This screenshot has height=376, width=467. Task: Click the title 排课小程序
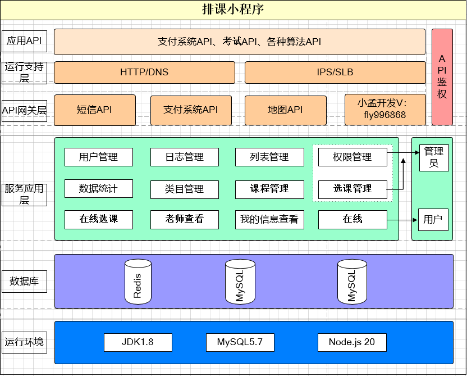233,9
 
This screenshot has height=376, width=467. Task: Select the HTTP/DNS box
144,73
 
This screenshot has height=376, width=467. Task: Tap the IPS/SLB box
335,73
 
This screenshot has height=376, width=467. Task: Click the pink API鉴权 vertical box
442,77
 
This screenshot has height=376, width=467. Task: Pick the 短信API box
94,110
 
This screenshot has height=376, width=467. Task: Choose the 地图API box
285,110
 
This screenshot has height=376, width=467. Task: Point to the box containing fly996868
384,110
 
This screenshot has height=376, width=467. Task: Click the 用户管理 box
99,157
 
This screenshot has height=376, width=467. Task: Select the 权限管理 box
352,157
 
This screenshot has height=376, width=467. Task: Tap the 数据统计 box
99,189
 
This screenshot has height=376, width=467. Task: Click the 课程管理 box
269,189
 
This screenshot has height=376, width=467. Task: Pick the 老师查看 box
184,220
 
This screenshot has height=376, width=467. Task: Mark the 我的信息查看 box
269,220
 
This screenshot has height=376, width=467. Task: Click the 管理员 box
434,157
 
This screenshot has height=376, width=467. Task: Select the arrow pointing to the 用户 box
403,220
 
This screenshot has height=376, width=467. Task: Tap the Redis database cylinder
138,281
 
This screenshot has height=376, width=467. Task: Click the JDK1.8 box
138,342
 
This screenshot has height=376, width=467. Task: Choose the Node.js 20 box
352,342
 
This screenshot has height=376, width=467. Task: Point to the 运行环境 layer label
24,342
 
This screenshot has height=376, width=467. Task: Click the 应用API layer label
24,42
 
